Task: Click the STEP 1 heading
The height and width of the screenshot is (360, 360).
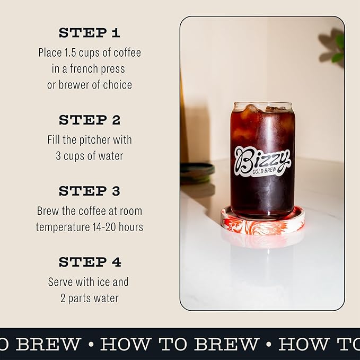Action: click(90, 33)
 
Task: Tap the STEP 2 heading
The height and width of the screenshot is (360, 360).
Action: click(90, 120)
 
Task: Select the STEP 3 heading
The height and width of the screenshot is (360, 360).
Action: click(90, 191)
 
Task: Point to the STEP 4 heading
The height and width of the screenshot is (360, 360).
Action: click(90, 262)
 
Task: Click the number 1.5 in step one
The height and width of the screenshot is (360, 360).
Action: click(74, 52)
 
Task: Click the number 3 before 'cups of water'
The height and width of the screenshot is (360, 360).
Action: click(58, 156)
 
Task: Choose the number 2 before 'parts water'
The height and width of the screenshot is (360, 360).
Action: click(63, 298)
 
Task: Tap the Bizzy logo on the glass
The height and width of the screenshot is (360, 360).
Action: click(262, 158)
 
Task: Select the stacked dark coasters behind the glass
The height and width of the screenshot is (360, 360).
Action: click(197, 172)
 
